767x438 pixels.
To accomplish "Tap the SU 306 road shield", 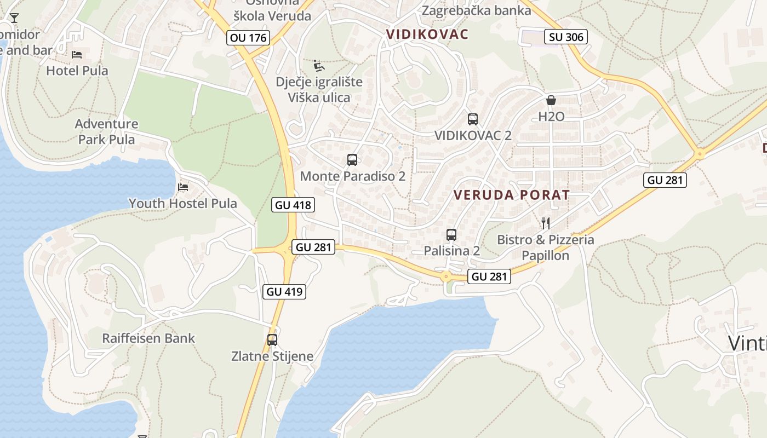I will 566,37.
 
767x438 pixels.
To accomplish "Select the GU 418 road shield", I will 293,205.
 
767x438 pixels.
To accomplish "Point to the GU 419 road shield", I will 285,291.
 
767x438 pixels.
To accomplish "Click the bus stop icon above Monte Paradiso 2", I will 352,160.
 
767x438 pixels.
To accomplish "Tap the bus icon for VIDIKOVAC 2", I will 473,119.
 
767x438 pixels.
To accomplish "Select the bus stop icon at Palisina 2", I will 451,235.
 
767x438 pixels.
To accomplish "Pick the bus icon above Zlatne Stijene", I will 272,339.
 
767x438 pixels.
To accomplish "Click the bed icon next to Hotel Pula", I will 77,54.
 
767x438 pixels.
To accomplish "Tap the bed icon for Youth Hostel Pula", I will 183,187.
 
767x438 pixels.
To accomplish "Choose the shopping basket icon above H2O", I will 551,100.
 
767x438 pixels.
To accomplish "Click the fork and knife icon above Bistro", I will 545,223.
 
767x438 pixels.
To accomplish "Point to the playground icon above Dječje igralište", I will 318,66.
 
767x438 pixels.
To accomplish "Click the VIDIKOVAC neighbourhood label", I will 427,34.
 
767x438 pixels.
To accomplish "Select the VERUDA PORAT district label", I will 512,195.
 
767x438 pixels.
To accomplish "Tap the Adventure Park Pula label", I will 106,131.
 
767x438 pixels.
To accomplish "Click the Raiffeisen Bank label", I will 148,338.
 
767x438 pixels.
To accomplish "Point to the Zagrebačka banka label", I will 476,10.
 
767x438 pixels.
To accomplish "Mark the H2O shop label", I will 551,117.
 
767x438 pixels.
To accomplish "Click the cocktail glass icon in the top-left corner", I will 14,18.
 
